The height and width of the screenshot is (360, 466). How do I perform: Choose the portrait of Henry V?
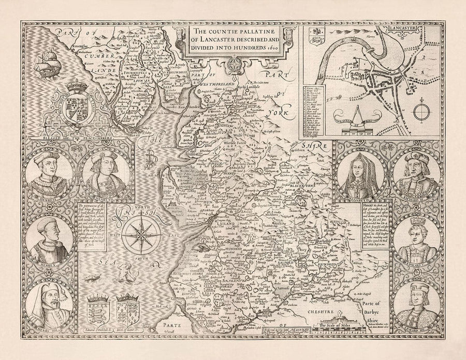(51, 237)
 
